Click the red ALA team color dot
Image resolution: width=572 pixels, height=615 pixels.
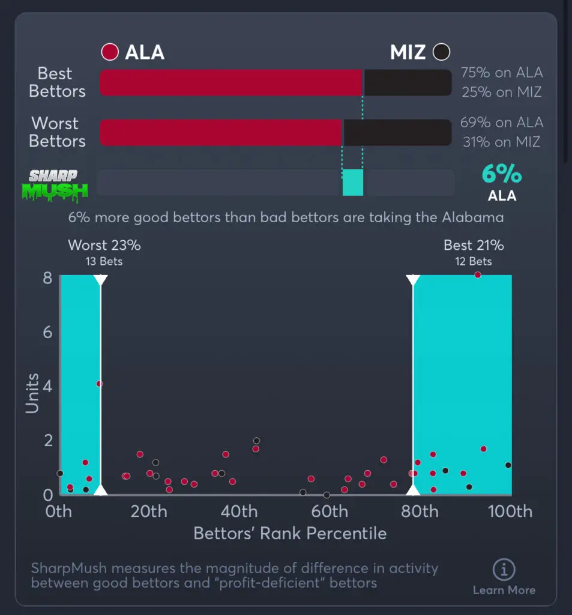(110, 52)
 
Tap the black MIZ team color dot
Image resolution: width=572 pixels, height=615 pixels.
(441, 52)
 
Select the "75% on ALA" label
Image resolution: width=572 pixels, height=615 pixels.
(501, 73)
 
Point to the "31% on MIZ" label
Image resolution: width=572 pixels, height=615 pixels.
(501, 142)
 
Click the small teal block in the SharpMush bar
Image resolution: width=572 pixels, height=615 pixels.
(353, 183)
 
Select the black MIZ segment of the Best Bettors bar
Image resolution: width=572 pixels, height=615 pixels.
(407, 82)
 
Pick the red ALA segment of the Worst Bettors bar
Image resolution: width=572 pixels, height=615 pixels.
(220, 132)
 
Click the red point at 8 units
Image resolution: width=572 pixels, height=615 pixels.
(478, 275)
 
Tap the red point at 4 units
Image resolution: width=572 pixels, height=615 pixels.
(100, 384)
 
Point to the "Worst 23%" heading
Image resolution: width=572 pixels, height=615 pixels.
(104, 245)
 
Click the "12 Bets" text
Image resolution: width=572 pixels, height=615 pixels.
(474, 261)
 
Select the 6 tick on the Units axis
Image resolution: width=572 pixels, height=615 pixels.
(47, 332)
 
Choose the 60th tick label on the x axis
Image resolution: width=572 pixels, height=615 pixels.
(330, 512)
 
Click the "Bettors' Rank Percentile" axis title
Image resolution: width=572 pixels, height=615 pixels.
(290, 533)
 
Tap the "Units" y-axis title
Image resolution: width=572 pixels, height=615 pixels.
(32, 393)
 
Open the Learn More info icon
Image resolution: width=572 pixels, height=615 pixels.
(504, 569)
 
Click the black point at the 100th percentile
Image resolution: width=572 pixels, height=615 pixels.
(508, 465)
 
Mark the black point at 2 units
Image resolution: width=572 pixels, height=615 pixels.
(256, 441)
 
